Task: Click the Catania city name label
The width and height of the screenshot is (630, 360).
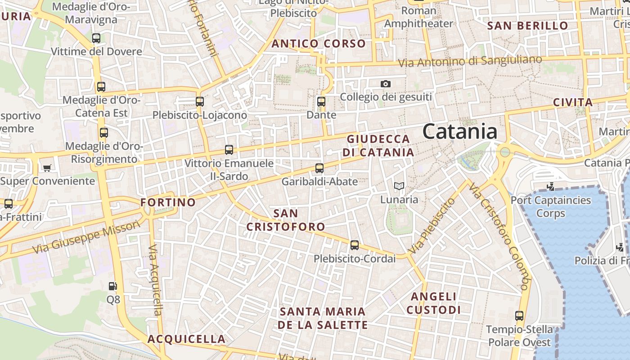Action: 459,131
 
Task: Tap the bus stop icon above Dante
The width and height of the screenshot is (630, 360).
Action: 321,102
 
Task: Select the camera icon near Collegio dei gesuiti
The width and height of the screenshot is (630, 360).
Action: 385,84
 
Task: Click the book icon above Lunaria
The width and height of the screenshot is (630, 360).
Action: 399,186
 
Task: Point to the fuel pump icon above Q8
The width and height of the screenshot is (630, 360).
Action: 113,286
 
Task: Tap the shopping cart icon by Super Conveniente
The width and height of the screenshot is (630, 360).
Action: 47,168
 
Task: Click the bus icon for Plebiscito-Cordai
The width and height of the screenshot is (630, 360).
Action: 355,245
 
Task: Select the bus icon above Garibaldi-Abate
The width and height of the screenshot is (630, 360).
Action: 319,168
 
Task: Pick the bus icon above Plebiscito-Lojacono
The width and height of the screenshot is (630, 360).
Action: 200,102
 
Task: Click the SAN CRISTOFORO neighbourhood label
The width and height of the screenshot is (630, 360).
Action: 285,220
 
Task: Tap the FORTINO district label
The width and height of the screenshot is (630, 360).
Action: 168,202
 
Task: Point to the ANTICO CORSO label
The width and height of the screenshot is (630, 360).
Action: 319,44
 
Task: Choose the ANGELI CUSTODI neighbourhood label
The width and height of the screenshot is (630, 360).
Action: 434,303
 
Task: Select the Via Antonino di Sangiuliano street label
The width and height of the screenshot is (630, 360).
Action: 470,61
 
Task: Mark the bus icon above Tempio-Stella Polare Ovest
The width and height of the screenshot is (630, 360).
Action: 519,316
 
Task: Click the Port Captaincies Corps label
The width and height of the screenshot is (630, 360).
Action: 551,206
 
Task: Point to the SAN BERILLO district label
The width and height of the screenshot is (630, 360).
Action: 528,26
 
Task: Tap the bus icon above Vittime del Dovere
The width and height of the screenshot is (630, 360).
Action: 96,38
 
